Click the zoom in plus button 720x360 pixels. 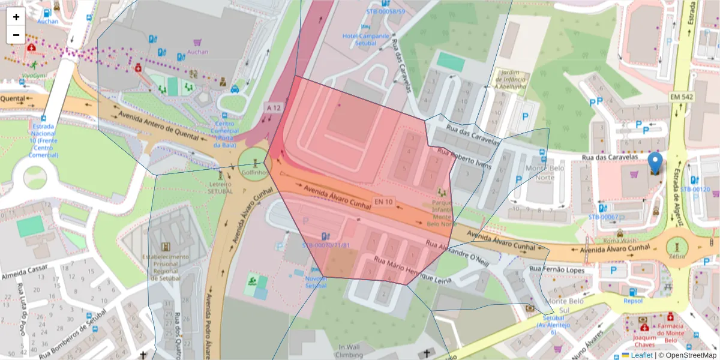click(16, 17)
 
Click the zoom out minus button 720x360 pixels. click(16, 35)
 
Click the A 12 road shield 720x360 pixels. click(274, 107)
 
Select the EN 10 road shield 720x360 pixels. click(383, 202)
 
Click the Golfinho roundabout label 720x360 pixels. click(254, 172)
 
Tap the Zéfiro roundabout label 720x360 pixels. click(678, 255)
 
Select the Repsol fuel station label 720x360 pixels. click(633, 301)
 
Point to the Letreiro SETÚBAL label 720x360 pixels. click(220, 187)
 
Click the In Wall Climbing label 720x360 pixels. click(349, 351)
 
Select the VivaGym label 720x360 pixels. click(33, 76)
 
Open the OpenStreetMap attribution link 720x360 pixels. click(688, 355)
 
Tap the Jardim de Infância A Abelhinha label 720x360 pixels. click(510, 82)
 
